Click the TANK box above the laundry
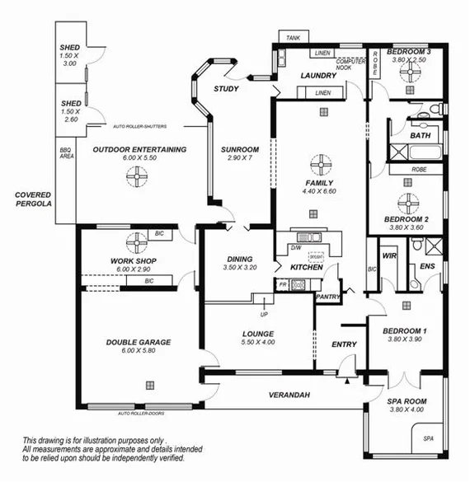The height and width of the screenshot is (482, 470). pos(293,38)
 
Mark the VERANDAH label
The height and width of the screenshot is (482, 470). pos(289,396)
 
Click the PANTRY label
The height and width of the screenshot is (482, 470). pos(328,297)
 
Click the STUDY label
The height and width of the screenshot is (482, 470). pos(226,88)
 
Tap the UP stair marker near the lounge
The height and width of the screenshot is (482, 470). pos(264,314)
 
